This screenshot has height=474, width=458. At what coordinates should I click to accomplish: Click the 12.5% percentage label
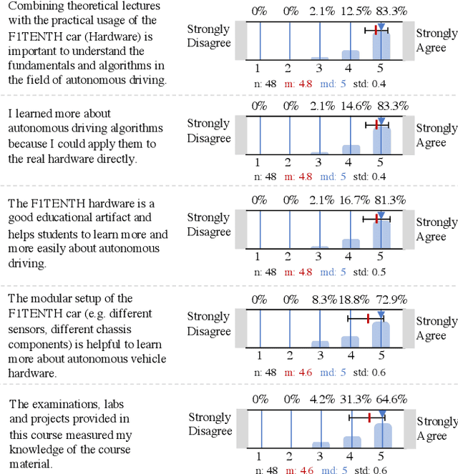click(351, 11)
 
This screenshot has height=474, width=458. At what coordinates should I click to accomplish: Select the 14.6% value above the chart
click(351, 106)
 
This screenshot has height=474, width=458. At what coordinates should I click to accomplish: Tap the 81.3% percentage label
click(381, 200)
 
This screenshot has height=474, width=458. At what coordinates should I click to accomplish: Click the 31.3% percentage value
click(351, 400)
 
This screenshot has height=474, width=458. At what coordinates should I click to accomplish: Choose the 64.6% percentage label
click(381, 400)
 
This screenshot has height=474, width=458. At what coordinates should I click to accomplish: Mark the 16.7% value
click(351, 200)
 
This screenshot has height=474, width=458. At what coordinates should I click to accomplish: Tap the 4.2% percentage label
click(321, 400)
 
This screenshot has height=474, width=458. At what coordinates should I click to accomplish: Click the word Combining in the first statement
click(34, 6)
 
